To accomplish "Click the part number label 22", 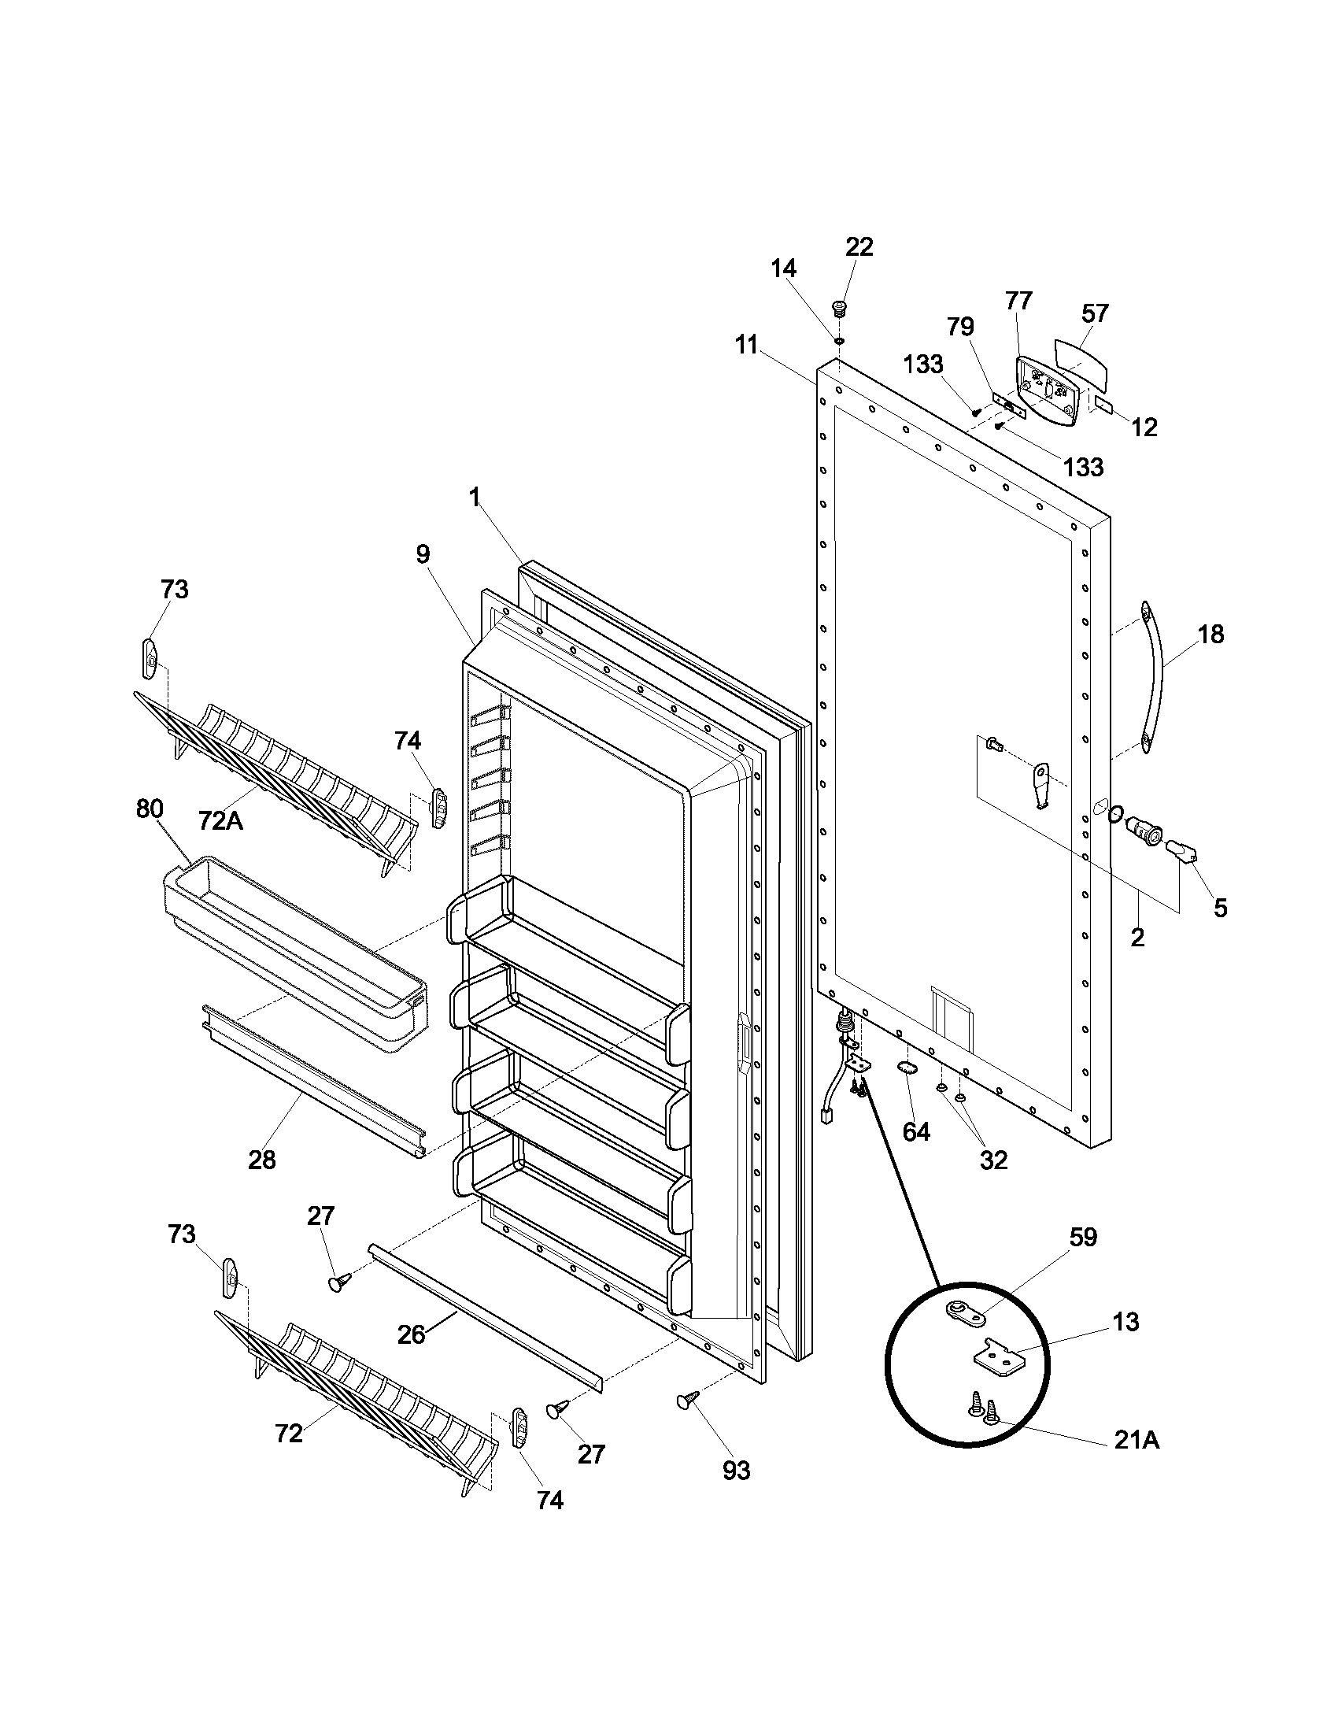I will pos(859,247).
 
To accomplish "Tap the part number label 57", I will pos(1095,313).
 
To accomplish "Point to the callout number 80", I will pos(149,809).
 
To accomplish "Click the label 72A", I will pos(220,820).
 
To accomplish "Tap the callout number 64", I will pos(916,1131).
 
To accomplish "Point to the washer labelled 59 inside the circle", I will pos(966,1316).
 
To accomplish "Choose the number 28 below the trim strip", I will pos(261,1160).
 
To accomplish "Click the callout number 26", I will pos(412,1334).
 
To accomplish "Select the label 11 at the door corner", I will pos(745,344).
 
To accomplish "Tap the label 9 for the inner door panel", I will pos(423,554).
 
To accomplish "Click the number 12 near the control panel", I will pos(1144,427).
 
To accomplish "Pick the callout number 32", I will pos(993,1160).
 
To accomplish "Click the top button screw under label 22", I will pos(837,307).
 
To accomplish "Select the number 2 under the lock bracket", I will pos(1137,938).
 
